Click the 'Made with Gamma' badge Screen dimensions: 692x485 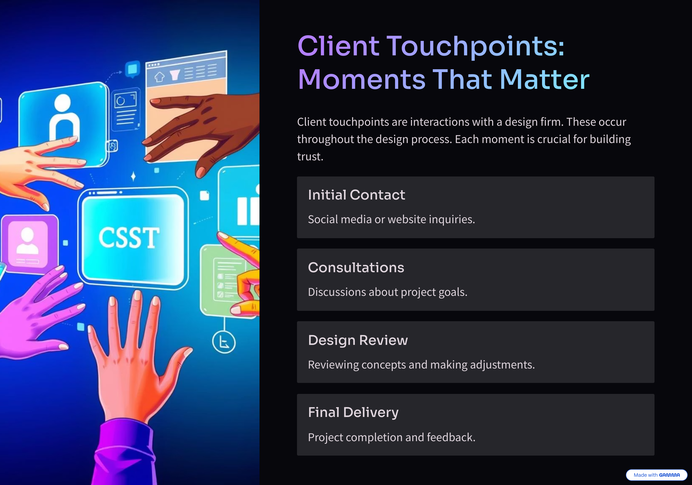pos(657,475)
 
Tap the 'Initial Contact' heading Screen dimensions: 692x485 pos(357,195)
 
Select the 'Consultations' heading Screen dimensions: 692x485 pos(356,267)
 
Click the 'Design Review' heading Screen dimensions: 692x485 pos(358,340)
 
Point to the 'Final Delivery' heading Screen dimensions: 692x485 pos(353,413)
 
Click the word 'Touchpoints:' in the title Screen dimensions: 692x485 pos(475,46)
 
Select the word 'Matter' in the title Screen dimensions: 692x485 pos(545,79)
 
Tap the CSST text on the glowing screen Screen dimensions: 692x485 pos(129,238)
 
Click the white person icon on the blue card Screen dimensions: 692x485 pos(64,118)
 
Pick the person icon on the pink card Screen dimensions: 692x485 pos(27,241)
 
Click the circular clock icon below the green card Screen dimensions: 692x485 pos(224,342)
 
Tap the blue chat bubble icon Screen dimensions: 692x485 pos(133,69)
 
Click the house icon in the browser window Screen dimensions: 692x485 pos(159,77)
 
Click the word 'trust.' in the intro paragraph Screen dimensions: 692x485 pos(310,157)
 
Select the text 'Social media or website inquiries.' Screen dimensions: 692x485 pos(391,219)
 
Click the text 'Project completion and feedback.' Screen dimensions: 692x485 pos(392,437)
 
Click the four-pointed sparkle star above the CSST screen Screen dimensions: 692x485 pos(133,176)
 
